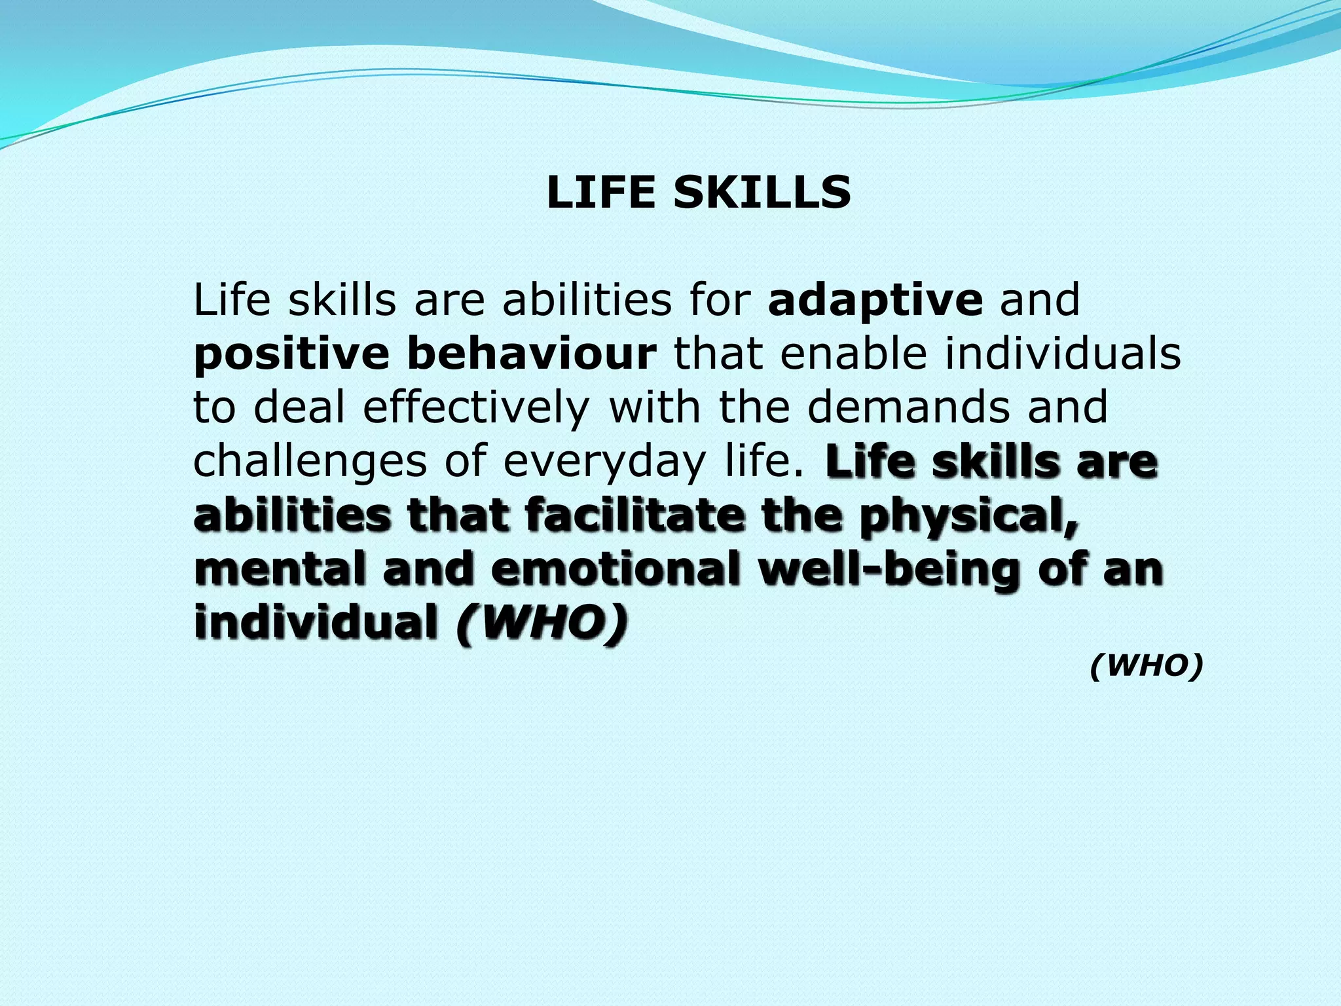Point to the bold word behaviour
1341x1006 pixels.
(531, 354)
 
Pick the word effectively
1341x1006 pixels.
(476, 407)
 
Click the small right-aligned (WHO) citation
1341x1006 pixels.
(1147, 667)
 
